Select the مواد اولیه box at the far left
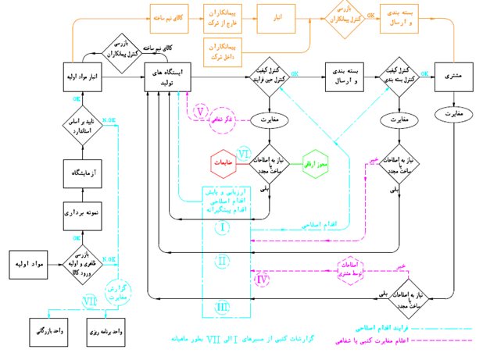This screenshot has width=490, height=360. point(29,264)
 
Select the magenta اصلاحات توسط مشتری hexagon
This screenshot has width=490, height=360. point(352,268)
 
